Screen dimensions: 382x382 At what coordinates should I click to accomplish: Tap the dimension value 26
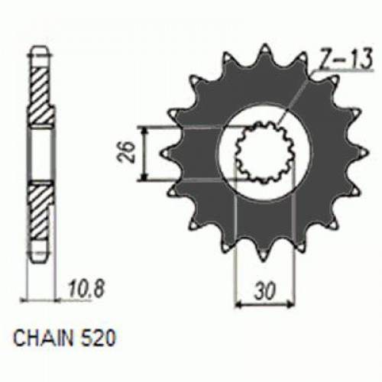[x=130, y=154]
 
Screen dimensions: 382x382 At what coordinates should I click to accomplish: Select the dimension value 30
[x=261, y=293]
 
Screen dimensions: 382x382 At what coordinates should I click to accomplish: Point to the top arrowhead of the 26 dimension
[x=143, y=129]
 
